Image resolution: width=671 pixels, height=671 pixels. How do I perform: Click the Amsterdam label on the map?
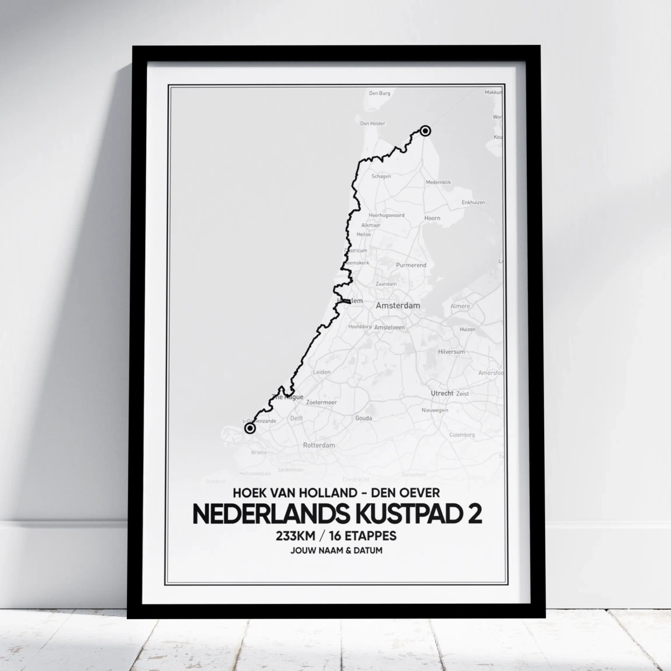tap(398, 306)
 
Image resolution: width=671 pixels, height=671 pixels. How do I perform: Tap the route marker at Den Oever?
tap(425, 131)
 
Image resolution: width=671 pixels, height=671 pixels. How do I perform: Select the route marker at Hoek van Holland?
tap(249, 428)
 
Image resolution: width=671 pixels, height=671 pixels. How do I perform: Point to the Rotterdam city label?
tap(319, 446)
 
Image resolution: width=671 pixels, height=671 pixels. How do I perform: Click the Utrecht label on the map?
tap(442, 393)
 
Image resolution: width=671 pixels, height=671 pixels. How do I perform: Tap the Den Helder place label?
tap(372, 124)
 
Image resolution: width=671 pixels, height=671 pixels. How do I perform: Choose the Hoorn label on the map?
tap(432, 218)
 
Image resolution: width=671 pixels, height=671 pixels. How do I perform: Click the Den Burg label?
tap(380, 93)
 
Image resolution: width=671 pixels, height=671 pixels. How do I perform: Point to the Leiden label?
tap(322, 371)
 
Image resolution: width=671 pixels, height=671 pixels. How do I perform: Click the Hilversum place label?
tap(451, 352)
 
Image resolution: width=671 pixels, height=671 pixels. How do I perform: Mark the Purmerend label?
tap(411, 265)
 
